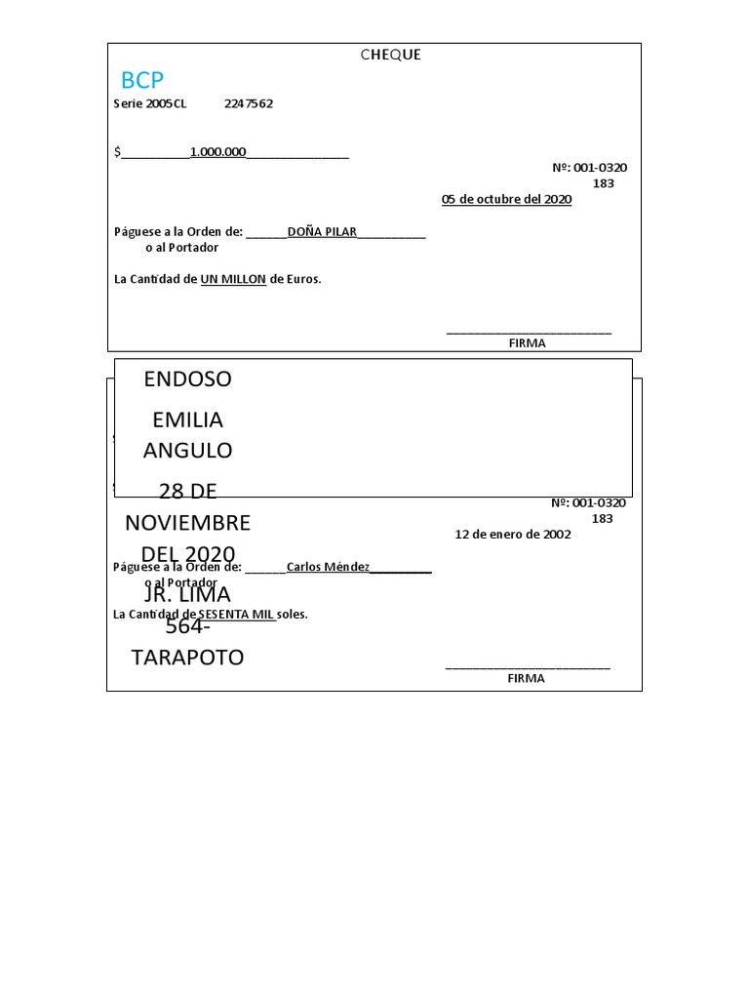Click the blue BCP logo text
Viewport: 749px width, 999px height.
(142, 80)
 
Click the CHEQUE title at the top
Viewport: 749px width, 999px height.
(390, 55)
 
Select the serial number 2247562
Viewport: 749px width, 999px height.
(249, 103)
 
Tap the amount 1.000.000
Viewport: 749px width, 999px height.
(217, 151)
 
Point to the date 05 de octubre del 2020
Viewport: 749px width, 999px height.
(506, 199)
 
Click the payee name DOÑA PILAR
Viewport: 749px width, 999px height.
(322, 232)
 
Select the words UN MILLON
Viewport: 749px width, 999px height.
(233, 279)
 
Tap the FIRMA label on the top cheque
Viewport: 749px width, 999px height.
(527, 343)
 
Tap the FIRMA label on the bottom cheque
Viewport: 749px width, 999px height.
(526, 678)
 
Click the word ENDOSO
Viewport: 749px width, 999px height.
(187, 380)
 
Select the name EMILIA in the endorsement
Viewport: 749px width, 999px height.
(187, 420)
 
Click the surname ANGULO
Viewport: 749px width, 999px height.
(187, 451)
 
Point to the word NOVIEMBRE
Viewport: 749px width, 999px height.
(187, 523)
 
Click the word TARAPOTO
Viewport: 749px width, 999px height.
(187, 658)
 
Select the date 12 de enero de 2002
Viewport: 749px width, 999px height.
(513, 534)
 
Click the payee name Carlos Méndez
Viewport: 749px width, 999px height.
(328, 567)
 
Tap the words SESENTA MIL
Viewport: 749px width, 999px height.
(236, 615)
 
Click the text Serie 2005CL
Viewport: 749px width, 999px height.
(150, 103)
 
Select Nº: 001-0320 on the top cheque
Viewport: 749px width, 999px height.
(589, 168)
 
